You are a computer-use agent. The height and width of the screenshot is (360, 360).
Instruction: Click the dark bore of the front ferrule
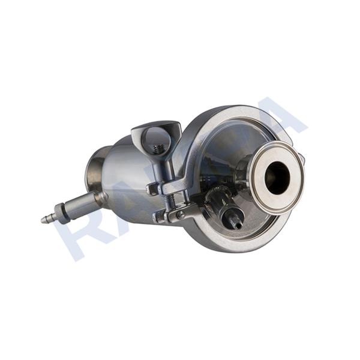[x=277, y=178]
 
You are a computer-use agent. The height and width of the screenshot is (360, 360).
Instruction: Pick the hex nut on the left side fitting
[x=59, y=212]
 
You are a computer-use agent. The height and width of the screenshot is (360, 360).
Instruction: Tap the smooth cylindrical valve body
[x=123, y=180]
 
